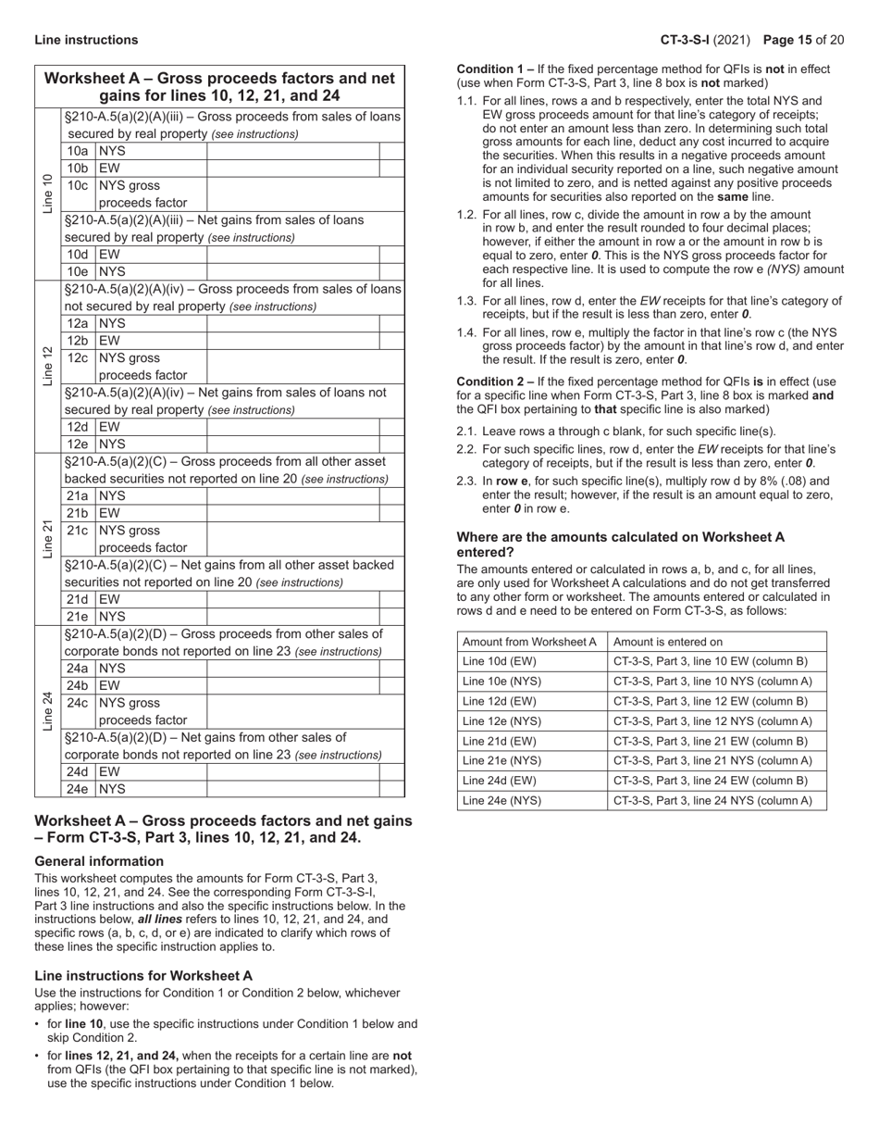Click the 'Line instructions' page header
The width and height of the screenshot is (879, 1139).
86,40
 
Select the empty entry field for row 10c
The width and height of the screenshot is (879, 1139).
292,194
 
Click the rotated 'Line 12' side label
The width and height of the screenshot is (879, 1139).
47,366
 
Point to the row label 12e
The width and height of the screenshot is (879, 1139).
78,444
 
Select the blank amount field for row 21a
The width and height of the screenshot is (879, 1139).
292,496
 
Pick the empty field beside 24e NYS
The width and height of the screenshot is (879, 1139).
292,789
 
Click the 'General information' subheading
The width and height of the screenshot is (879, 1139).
99,861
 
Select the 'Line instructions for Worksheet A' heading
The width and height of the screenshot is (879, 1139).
143,976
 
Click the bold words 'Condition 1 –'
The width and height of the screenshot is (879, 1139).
495,69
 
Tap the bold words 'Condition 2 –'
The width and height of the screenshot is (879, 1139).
495,382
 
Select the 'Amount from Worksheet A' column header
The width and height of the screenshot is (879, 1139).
530,642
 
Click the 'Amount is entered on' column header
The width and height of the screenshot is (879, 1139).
668,642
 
